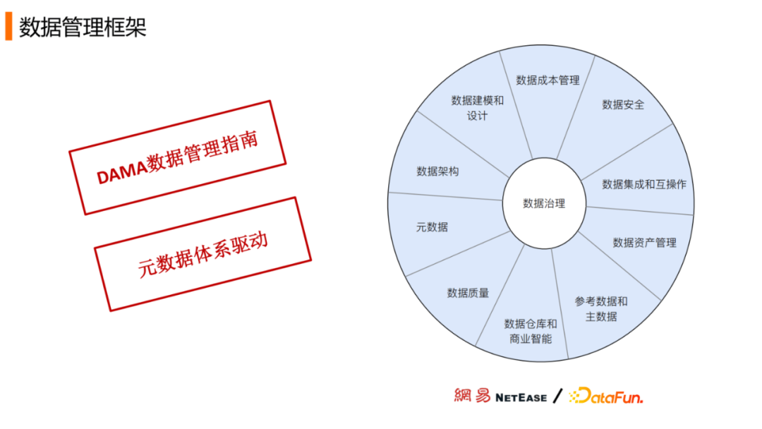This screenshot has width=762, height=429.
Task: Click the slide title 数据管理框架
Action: (83, 27)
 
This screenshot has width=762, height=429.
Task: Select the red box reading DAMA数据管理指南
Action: (177, 157)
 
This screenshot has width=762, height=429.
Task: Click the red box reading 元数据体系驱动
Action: (202, 254)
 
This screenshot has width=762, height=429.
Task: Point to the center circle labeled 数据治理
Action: (544, 203)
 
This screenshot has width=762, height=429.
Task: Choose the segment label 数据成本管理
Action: (548, 80)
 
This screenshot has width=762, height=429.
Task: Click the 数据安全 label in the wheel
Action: (623, 104)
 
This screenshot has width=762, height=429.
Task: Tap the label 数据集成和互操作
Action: (643, 184)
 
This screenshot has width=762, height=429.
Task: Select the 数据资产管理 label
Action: (644, 243)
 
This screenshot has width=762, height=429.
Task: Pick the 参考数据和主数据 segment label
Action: (601, 309)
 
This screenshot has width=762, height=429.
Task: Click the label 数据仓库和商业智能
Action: (531, 331)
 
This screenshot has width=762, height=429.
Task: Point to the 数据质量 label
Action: (468, 292)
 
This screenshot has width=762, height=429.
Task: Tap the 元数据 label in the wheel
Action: (432, 227)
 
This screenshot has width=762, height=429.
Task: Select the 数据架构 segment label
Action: (437, 171)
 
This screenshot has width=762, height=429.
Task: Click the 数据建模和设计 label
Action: (478, 108)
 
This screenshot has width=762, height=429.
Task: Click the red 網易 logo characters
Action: (472, 396)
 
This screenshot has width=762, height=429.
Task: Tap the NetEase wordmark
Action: (521, 397)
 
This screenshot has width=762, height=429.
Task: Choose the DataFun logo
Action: (606, 397)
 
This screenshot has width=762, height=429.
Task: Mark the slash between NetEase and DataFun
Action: (557, 396)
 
